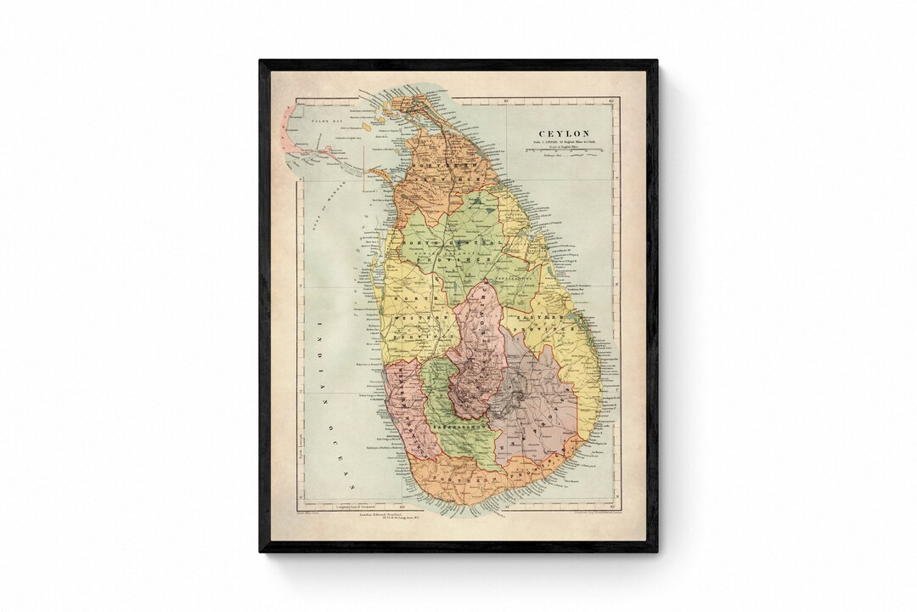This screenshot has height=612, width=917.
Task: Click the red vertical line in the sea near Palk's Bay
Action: click(x=363, y=167)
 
